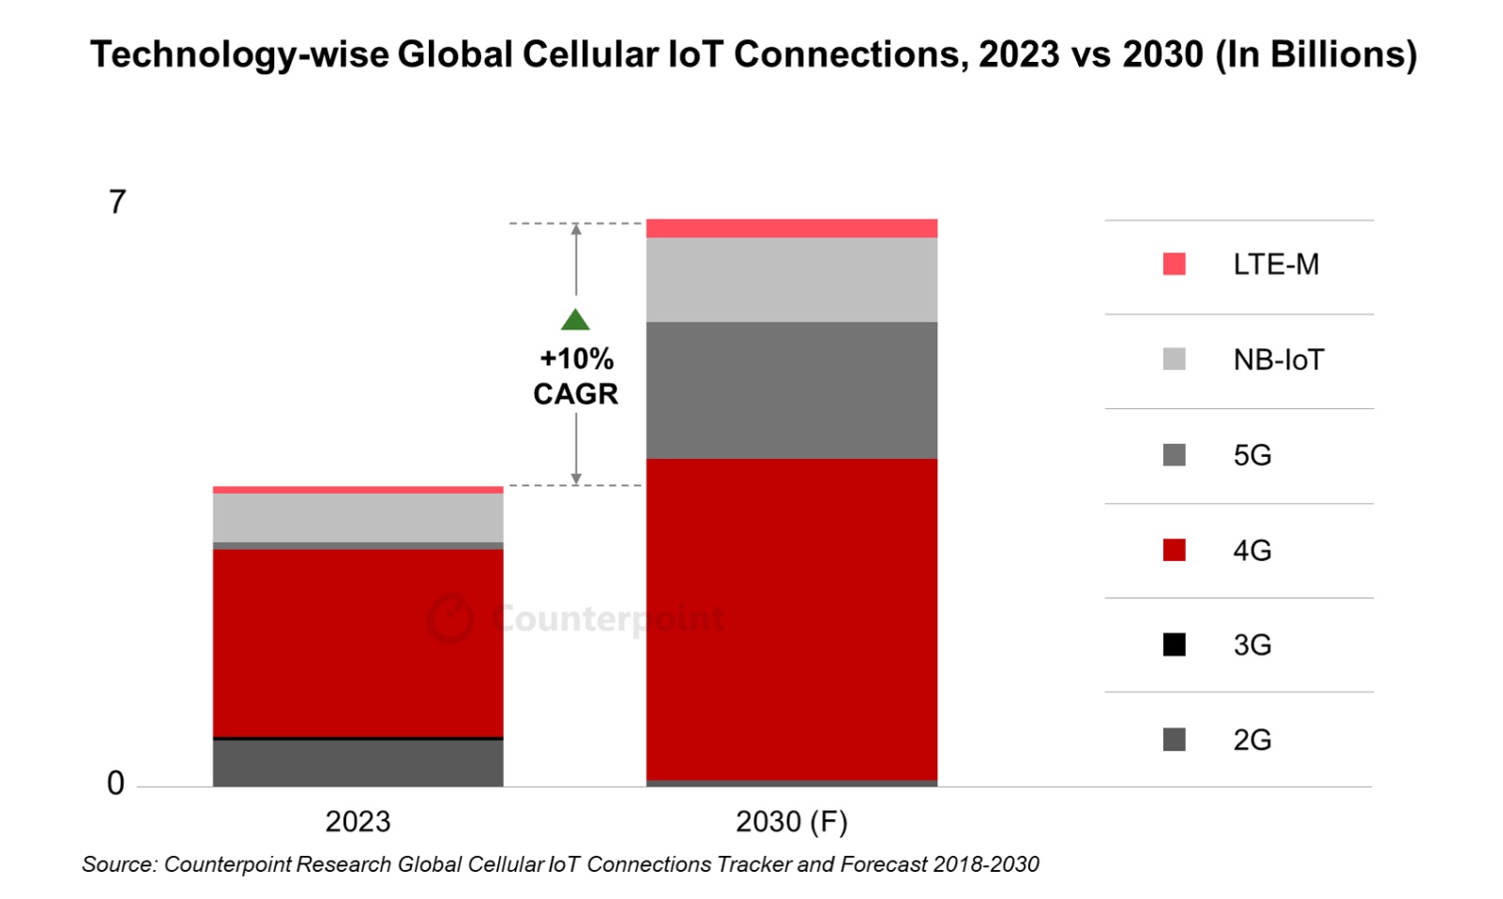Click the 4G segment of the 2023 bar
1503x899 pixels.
tap(357, 642)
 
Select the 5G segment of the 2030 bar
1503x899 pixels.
tap(791, 389)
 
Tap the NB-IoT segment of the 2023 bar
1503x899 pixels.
tap(357, 517)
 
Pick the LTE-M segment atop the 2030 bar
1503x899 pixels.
tap(791, 228)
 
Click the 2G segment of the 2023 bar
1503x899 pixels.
tap(357, 763)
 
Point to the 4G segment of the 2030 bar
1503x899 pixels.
tap(791, 618)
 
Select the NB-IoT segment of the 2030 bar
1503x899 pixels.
tap(791, 280)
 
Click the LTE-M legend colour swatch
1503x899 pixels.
tap(1174, 265)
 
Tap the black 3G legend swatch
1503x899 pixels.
tap(1174, 645)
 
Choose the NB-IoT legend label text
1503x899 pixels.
tap(1278, 360)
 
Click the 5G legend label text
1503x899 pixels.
tap(1252, 455)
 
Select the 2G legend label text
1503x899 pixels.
tap(1252, 740)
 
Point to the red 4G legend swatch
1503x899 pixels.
tap(1174, 550)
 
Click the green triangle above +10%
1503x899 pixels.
tap(575, 321)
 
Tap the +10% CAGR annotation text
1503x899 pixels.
tap(575, 376)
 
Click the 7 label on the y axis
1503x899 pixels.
tap(117, 202)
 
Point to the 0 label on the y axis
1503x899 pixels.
tap(115, 783)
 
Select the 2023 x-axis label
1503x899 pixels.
tap(357, 822)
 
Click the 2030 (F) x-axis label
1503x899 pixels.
tap(791, 822)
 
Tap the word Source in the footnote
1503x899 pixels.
tap(118, 864)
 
